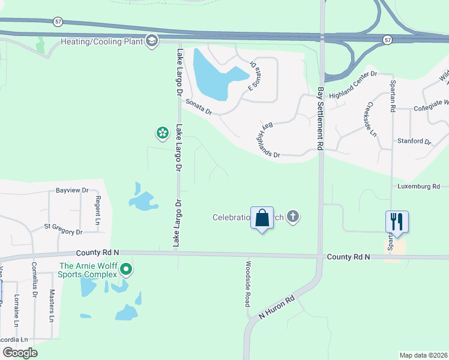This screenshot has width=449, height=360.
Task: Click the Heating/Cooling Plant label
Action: click(101, 41)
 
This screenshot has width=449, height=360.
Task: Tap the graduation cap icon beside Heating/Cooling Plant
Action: click(152, 41)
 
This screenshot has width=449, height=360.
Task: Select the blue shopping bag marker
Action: click(262, 218)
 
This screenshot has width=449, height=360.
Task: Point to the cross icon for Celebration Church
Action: click(292, 217)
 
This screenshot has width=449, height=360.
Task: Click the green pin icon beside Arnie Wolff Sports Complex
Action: click(125, 269)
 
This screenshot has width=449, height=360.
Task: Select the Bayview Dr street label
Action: click(72, 190)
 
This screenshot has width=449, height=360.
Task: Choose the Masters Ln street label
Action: click(52, 306)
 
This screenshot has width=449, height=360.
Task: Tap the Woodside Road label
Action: click(247, 283)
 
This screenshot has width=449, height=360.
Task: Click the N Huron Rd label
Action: click(277, 307)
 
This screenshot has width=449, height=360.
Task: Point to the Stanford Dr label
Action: click(414, 142)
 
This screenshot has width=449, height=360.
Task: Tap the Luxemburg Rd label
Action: click(418, 187)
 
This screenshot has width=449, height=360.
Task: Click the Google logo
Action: click(20, 353)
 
